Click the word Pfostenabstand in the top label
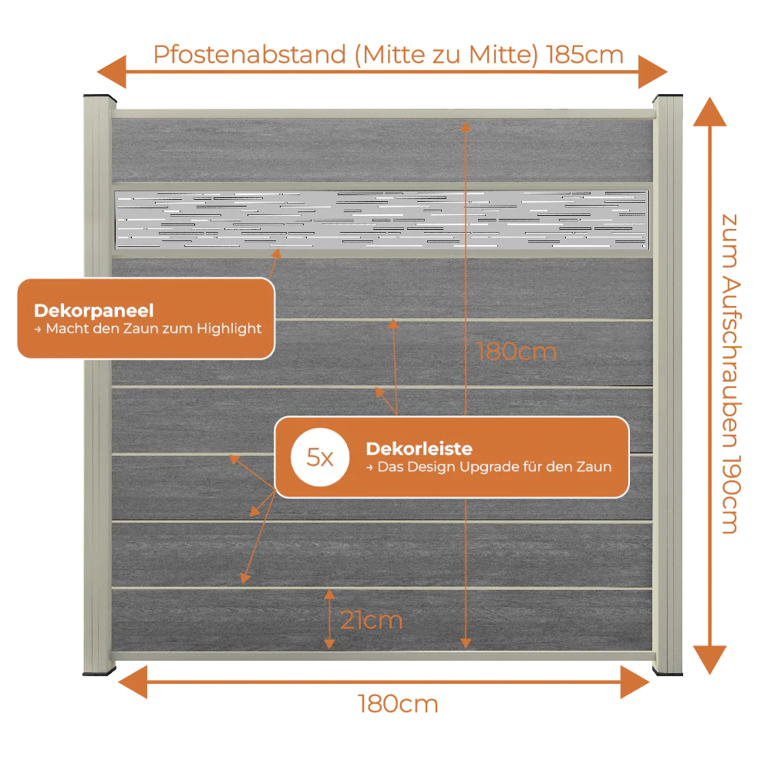pyautogui.click(x=250, y=55)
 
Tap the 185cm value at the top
pyautogui.click(x=584, y=55)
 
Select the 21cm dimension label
pyautogui.click(x=372, y=620)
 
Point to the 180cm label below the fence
pyautogui.click(x=398, y=704)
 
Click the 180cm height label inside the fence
pyautogui.click(x=517, y=352)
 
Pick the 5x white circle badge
pyautogui.click(x=320, y=457)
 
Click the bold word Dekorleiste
pyautogui.click(x=419, y=449)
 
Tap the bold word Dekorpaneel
pyautogui.click(x=94, y=311)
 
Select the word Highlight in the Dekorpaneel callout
pyautogui.click(x=229, y=328)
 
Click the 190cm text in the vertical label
pyautogui.click(x=731, y=495)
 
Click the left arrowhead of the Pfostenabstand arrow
pyautogui.click(x=112, y=72)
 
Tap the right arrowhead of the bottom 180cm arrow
pyautogui.click(x=635, y=682)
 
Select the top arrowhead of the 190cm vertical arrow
pyautogui.click(x=709, y=112)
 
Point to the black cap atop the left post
pyautogui.click(x=99, y=97)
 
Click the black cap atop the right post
pyautogui.click(x=668, y=97)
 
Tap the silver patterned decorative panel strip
pyautogui.click(x=382, y=219)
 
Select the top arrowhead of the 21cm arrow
pyautogui.click(x=329, y=594)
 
